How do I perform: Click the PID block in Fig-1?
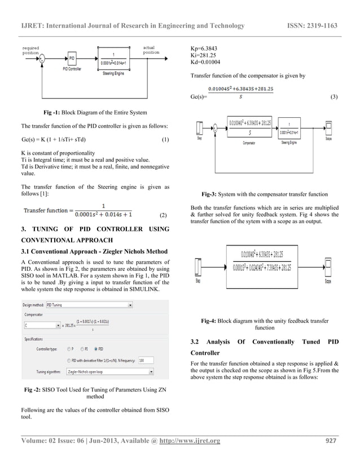pos(71,58)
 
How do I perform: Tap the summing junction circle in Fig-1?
pos(41,58)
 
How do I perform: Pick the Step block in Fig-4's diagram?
pos(199,266)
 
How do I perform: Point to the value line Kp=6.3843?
pos(205,49)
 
